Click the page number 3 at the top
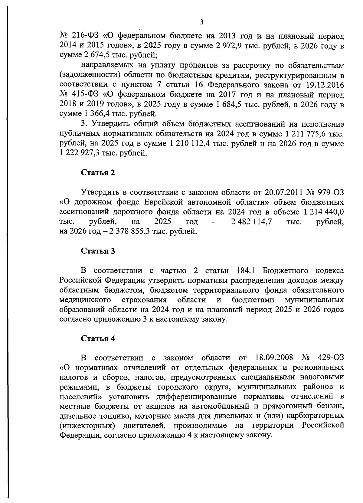coord(202,21)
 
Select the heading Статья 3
coord(98,251)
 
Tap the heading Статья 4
coord(98,338)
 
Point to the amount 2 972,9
coord(232,46)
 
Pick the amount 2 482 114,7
coord(251,222)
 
